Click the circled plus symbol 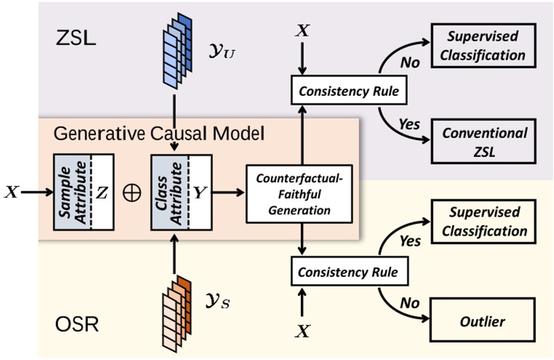132,193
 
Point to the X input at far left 11,193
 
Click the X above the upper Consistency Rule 301,31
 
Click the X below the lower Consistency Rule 302,332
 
